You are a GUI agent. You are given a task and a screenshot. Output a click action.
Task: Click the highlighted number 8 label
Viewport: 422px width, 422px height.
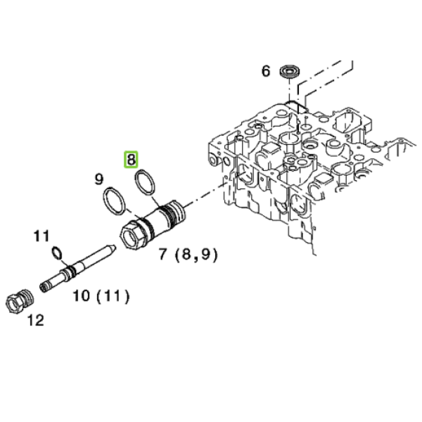coord(131,160)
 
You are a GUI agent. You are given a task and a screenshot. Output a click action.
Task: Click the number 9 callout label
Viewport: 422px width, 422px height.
coord(99,179)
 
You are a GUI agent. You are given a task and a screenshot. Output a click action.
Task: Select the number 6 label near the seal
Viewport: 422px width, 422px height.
coord(265,71)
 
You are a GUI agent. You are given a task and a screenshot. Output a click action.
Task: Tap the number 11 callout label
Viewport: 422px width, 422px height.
coord(41,236)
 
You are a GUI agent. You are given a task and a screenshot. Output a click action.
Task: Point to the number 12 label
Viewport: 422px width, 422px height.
coord(36,320)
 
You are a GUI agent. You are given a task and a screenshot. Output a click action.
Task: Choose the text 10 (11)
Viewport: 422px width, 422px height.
coord(101,296)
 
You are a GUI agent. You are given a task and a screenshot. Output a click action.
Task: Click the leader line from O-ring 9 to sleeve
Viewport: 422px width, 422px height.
coord(132,215)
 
